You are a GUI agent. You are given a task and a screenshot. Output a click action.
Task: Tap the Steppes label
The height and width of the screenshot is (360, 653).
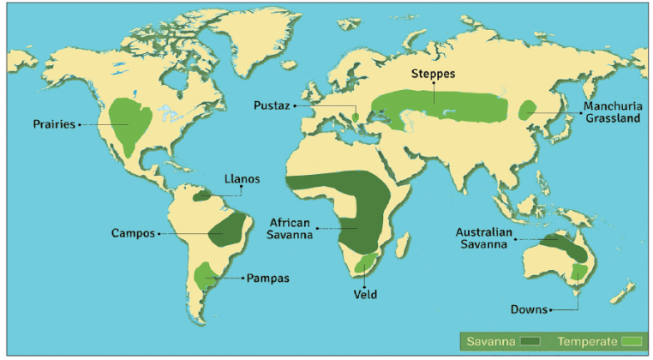[x=434, y=74]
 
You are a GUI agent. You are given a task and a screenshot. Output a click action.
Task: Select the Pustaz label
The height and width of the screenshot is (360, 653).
[x=273, y=105]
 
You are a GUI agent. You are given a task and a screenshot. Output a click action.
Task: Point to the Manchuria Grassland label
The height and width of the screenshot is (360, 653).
[x=612, y=113]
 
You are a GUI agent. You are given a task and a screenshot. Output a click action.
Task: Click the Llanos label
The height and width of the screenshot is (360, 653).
[x=241, y=179]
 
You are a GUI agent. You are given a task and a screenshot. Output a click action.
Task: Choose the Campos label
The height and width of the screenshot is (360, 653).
[x=133, y=232]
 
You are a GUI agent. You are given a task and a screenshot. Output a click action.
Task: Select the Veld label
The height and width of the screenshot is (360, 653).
[x=365, y=294]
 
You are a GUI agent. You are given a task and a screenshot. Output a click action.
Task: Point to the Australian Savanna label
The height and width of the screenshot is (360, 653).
[x=484, y=237]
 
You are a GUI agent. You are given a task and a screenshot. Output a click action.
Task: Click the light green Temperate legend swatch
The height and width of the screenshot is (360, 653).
[x=633, y=341]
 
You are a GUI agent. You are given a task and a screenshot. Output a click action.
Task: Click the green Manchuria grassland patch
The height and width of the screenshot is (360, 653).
[x=528, y=110]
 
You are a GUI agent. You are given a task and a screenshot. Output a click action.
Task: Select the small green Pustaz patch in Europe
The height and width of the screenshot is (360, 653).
[x=356, y=114]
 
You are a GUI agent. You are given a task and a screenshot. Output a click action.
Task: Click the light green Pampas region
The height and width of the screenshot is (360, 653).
[x=205, y=276]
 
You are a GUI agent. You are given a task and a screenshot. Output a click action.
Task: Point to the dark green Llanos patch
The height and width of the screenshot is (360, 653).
[x=202, y=195]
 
